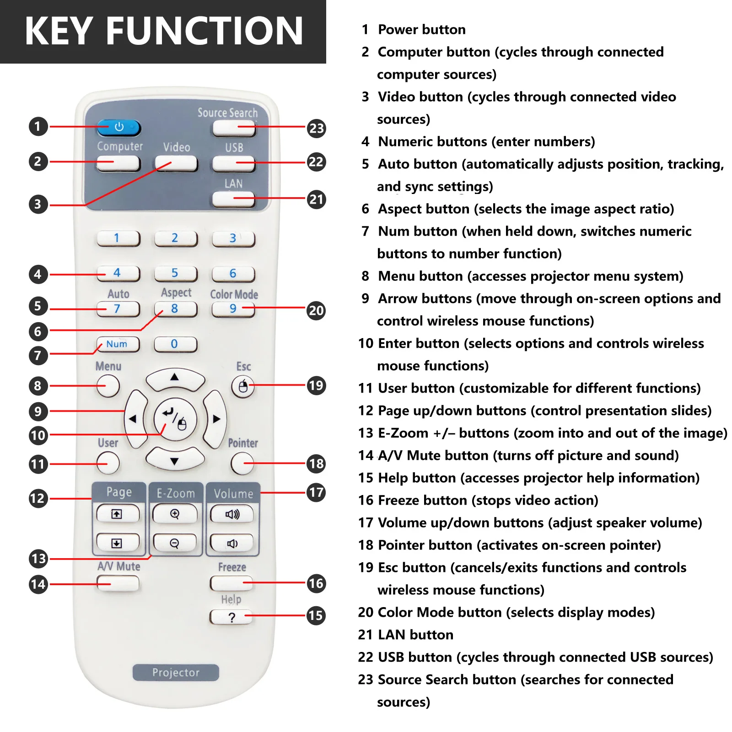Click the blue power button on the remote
point(118,127)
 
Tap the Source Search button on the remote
point(233,129)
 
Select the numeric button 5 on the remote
point(175,274)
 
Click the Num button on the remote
point(118,344)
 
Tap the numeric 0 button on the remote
point(175,344)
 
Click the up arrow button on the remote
point(175,379)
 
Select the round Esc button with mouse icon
point(243,387)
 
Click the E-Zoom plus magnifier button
point(175,514)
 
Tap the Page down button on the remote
point(117,543)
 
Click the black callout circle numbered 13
point(38,559)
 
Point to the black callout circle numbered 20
point(316,311)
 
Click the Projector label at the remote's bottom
point(176,673)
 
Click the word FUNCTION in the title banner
point(205,31)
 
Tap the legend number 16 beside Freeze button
point(366,500)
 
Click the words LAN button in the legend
point(415,635)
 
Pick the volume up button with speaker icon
point(232,514)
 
